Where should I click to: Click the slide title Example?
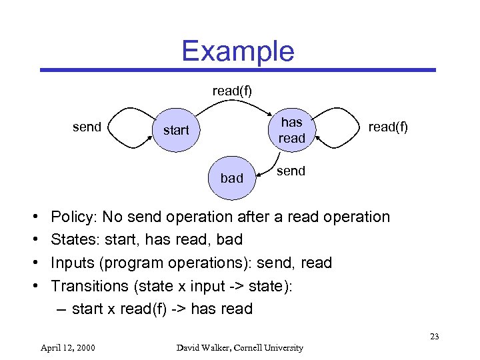click(x=237, y=51)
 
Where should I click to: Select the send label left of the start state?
click(x=87, y=127)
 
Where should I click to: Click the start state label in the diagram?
click(x=176, y=130)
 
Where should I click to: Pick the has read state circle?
click(x=291, y=130)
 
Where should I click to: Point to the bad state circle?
click(x=231, y=178)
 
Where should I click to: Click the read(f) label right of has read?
click(x=387, y=127)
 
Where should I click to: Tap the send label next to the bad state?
click(x=291, y=171)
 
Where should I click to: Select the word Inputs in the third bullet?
click(x=73, y=263)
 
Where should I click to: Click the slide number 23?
click(x=434, y=336)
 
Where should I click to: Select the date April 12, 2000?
click(x=67, y=347)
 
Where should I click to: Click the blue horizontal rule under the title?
click(x=237, y=69)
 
